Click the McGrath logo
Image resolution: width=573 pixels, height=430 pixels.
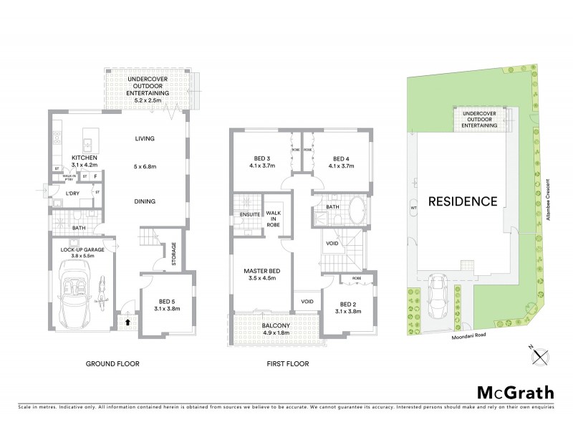coord(515,392)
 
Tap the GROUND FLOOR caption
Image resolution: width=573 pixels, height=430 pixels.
coord(112,364)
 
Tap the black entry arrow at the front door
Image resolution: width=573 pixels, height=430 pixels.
coord(127,322)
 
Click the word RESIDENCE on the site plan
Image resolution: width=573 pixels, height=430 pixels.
coord(463,201)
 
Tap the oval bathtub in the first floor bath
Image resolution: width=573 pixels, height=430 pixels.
coord(356,214)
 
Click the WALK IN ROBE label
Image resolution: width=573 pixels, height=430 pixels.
coord(273,218)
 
